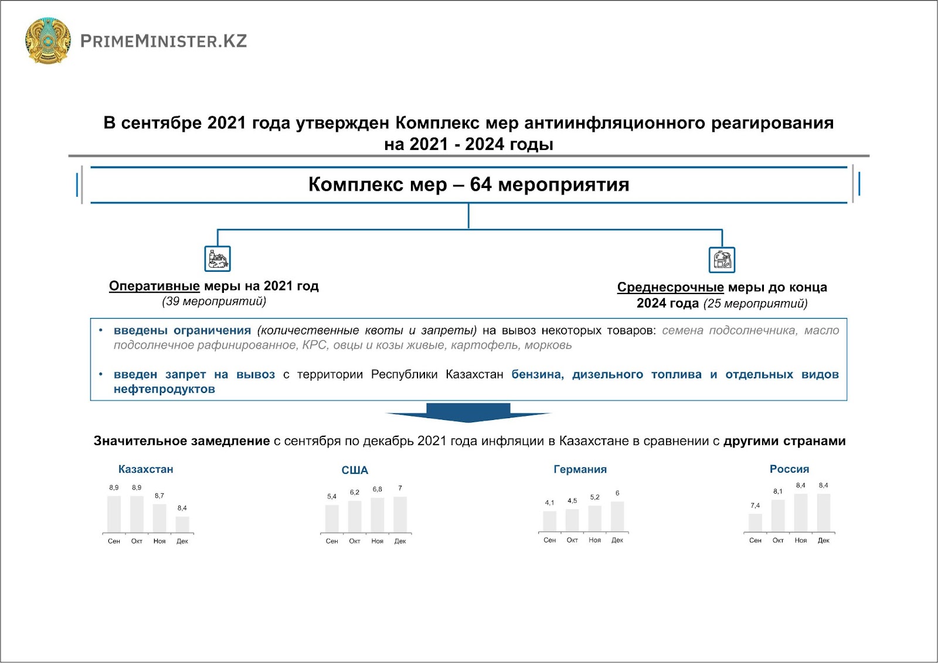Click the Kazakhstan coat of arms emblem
pos(48,40)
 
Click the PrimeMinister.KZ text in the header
pos(164,41)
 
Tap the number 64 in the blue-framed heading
pos(481,184)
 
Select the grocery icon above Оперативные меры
pos(217,259)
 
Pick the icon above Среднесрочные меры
pos(722,260)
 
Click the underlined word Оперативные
pos(154,286)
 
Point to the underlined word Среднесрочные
pos(670,287)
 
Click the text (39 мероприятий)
pos(214,301)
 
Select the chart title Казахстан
pos(145,469)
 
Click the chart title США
pos(355,470)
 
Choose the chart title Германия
pos(580,469)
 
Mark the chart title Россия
pos(789,469)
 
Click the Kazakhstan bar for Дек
pos(182,524)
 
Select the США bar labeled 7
pos(400,515)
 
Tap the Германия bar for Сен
pos(549,521)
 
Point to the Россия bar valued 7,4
pos(755,522)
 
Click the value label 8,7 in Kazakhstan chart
pos(159,495)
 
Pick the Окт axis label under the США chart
pos(355,541)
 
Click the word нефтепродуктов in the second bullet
pos(164,389)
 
